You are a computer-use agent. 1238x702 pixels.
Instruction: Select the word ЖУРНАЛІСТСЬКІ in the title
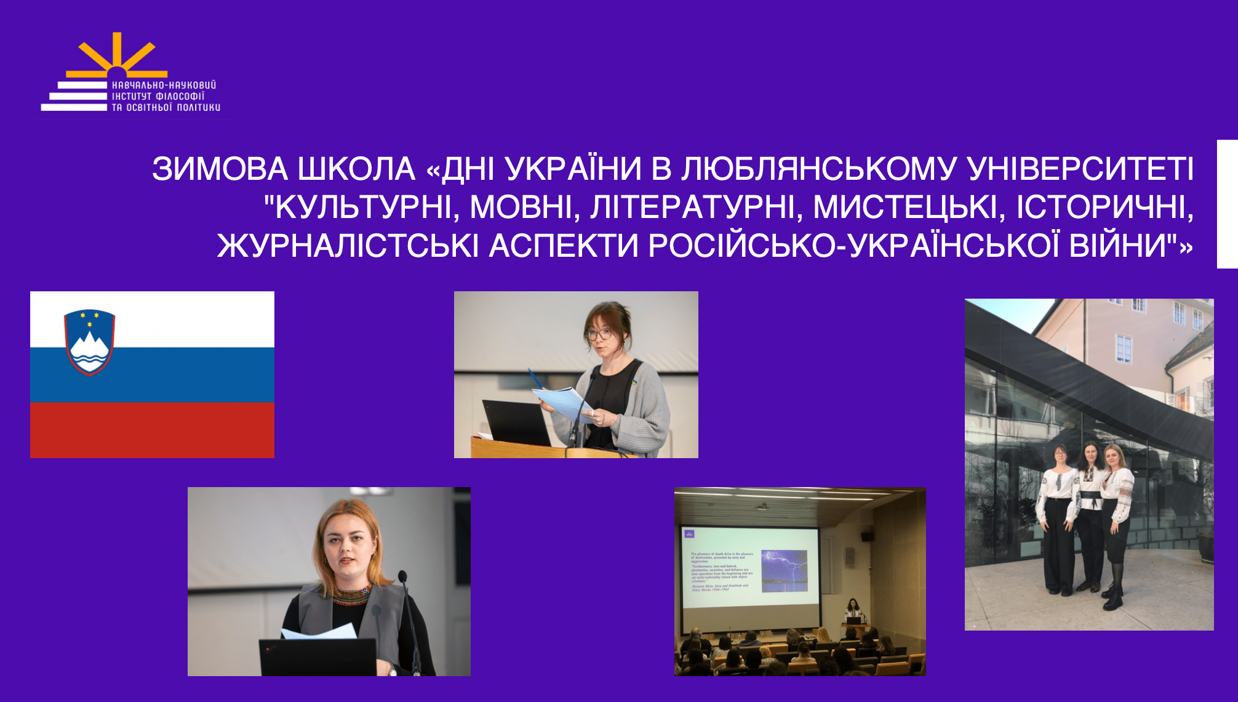click(x=348, y=245)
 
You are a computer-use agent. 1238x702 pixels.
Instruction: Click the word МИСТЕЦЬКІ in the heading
click(x=905, y=207)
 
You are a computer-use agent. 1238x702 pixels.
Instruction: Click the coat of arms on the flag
click(x=89, y=342)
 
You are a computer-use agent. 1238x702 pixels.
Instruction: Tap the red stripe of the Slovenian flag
click(x=152, y=430)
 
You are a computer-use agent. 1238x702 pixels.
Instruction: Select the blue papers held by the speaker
click(x=563, y=401)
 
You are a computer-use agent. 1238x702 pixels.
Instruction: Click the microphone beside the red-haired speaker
click(x=403, y=579)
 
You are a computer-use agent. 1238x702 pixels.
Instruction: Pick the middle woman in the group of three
click(x=1090, y=517)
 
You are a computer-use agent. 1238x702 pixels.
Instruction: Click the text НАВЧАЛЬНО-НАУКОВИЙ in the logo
click(x=164, y=85)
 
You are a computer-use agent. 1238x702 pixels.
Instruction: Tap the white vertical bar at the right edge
click(x=1227, y=204)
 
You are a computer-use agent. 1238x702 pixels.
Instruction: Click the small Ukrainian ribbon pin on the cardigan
click(x=634, y=382)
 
